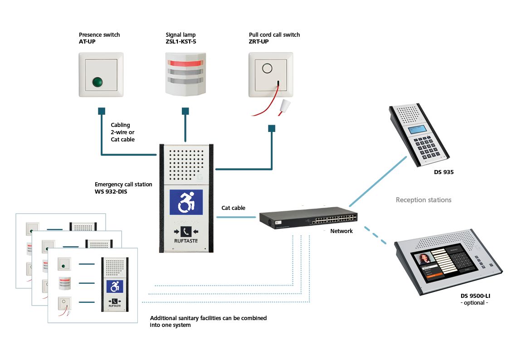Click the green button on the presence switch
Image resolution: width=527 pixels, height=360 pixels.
(x=97, y=82)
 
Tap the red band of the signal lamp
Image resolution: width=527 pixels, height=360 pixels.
(x=185, y=62)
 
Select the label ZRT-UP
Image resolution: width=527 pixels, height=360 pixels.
(x=259, y=42)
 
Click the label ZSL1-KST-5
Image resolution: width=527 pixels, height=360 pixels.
(x=181, y=42)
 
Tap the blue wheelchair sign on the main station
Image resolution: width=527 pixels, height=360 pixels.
(x=185, y=202)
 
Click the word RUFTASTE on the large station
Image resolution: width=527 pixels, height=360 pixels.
(x=185, y=241)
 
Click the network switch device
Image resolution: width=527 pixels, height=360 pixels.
(x=308, y=219)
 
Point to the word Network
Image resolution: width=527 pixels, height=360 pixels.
(x=341, y=231)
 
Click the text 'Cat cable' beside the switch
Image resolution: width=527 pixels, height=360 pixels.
(x=233, y=208)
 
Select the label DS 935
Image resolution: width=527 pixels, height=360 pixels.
(x=444, y=172)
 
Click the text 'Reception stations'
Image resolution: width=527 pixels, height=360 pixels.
(x=423, y=200)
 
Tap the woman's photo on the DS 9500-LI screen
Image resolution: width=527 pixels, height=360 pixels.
(x=425, y=259)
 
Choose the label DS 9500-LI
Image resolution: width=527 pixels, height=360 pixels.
(x=475, y=296)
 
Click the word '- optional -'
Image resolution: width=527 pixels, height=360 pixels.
(x=474, y=302)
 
